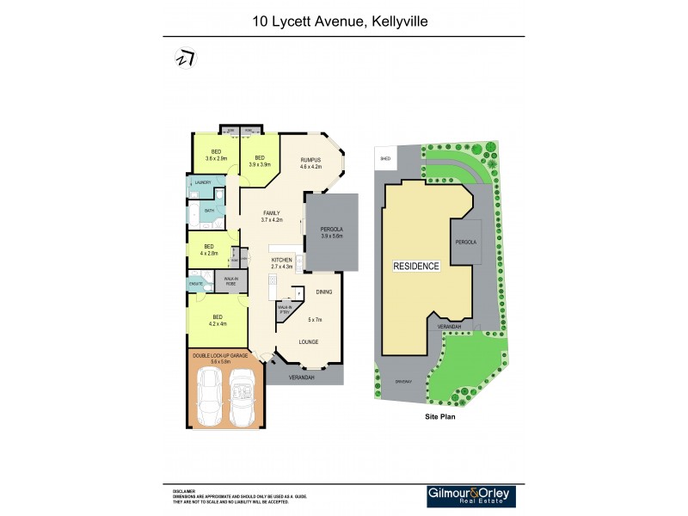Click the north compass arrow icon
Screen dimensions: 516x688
click(185, 58)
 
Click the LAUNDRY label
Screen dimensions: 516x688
click(203, 183)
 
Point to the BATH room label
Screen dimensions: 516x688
click(209, 210)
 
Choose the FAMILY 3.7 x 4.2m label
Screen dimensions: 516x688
click(272, 216)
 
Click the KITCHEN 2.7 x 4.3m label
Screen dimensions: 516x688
click(283, 262)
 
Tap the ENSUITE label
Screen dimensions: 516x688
click(195, 282)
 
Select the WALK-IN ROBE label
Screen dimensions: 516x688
click(231, 280)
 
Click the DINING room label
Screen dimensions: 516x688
click(323, 292)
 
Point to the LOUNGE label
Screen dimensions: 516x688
click(308, 341)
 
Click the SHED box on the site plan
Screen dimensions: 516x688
click(384, 158)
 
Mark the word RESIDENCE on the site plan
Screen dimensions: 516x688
click(417, 266)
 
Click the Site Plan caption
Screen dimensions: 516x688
click(439, 416)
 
